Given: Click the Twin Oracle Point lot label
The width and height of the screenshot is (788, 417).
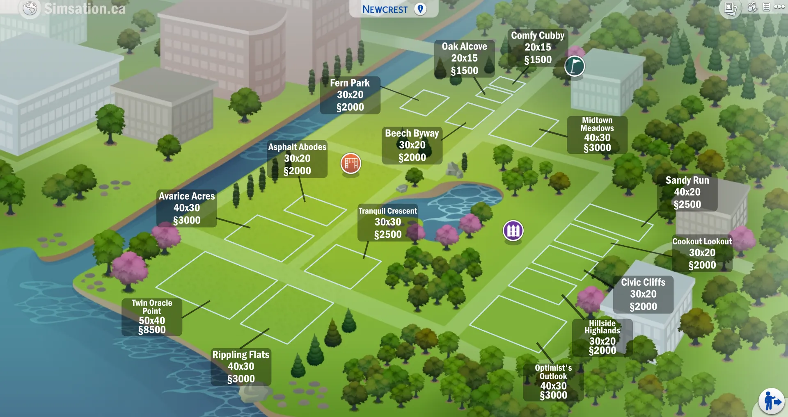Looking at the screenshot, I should [152, 317].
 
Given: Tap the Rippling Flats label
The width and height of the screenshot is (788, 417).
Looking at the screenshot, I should [241, 367].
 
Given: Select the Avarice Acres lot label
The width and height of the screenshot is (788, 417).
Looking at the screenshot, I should [187, 208].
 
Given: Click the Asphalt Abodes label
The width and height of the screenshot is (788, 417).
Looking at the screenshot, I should [297, 159].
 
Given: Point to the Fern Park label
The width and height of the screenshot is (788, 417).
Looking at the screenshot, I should [350, 95].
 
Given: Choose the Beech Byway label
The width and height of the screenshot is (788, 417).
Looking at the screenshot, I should [412, 146].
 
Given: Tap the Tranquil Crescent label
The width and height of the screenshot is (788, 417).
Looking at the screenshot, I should [387, 223].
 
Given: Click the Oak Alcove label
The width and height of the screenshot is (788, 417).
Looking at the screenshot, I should [464, 59].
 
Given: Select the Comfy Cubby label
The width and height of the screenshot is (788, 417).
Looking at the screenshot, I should [538, 48].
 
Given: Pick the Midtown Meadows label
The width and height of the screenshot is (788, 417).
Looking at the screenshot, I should [597, 134].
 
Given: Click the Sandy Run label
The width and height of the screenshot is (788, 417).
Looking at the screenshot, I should [687, 192].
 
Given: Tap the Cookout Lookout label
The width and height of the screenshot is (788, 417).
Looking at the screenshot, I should [702, 253].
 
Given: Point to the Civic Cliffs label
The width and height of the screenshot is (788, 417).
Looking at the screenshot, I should [643, 294].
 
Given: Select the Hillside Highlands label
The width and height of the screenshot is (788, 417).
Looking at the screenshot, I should [602, 337].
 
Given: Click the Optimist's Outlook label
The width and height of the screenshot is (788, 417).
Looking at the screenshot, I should [553, 382].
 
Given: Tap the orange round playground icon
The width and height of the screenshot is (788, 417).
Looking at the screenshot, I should [351, 163].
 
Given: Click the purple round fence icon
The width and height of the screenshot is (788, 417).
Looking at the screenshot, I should [513, 230].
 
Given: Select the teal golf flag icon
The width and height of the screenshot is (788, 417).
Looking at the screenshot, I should [575, 66].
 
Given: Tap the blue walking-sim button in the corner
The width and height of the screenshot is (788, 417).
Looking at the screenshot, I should [771, 401].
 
